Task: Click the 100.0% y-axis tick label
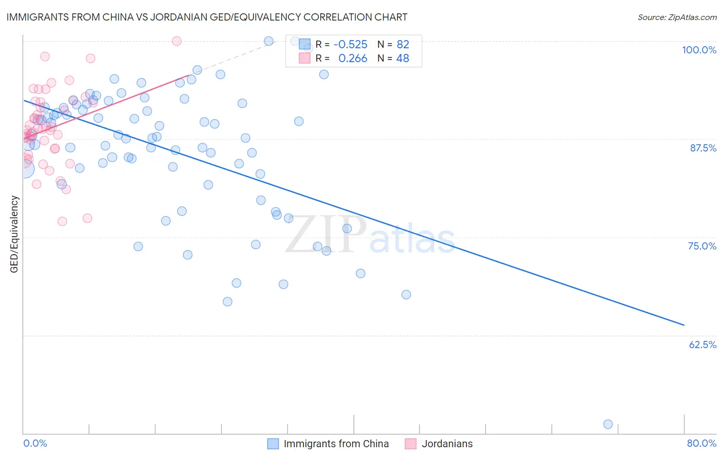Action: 699,50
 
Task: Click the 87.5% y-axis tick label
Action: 703,148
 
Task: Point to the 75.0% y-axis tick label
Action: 702,246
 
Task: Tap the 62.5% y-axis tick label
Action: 702,345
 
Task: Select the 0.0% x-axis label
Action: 35,443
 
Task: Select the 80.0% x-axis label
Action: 701,443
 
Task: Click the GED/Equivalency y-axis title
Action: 14,234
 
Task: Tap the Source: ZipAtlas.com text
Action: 677,17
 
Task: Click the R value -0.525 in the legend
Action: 350,44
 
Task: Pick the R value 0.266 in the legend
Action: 353,59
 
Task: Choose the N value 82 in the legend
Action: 403,44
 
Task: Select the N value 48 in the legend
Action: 403,59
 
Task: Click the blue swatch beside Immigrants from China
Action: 273,444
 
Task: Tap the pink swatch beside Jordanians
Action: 410,444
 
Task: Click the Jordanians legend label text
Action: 447,444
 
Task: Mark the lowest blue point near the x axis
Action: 608,424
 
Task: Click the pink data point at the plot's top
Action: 176,41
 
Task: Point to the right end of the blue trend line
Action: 684,325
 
